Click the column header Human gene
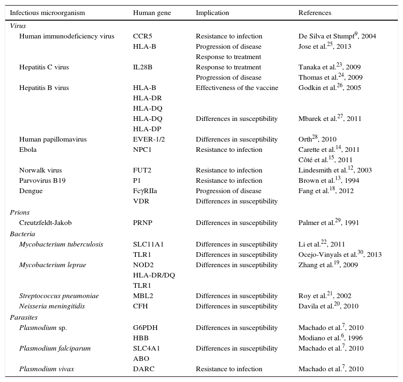click(x=152, y=13)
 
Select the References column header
click(x=314, y=13)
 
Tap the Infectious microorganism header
click(x=47, y=13)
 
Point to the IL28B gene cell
click(x=142, y=67)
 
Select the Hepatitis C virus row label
click(x=44, y=67)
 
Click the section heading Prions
click(x=20, y=212)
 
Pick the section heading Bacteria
click(x=22, y=234)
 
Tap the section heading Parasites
click(x=23, y=317)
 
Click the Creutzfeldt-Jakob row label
click(x=45, y=223)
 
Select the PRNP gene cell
click(x=142, y=223)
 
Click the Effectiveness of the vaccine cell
click(x=237, y=88)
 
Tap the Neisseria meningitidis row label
click(x=52, y=306)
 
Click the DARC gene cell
click(x=143, y=369)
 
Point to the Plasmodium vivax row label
click(x=46, y=369)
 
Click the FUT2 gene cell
click(x=142, y=170)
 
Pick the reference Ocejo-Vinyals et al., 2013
click(x=340, y=255)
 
